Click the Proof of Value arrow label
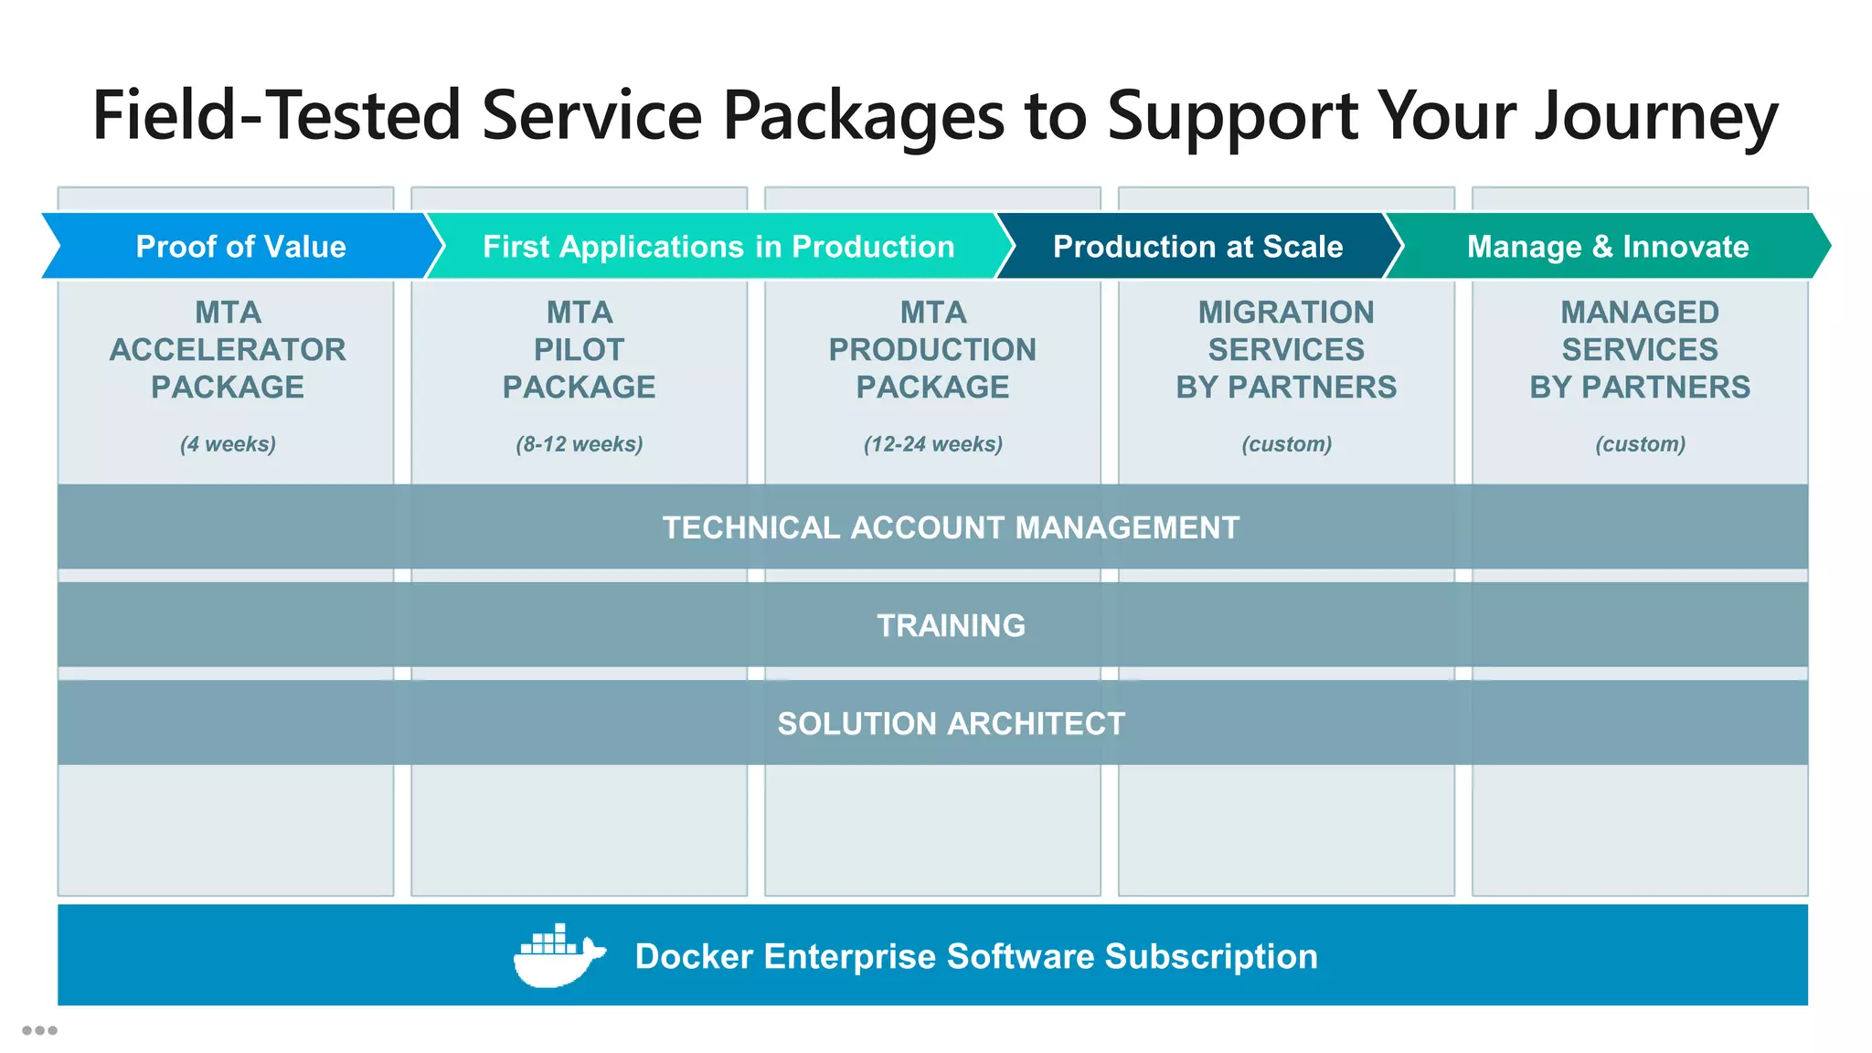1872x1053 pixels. (240, 247)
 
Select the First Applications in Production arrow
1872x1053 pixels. (718, 247)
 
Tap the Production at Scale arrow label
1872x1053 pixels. (1197, 247)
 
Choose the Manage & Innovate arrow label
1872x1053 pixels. (1607, 247)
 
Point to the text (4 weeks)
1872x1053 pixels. (228, 444)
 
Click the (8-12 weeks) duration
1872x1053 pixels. (579, 444)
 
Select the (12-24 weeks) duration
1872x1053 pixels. (932, 444)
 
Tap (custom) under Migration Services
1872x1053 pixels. (1286, 444)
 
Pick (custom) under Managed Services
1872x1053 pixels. (1640, 444)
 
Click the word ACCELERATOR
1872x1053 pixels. (228, 350)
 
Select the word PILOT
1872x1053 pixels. (579, 350)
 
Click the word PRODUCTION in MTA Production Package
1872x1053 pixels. (932, 350)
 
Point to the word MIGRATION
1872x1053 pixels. (1286, 313)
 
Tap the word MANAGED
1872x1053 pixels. (1640, 313)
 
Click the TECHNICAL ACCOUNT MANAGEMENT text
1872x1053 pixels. (951, 527)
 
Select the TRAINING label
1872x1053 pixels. (951, 625)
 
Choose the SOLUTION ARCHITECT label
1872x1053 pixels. (951, 723)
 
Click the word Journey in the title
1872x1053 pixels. (1655, 117)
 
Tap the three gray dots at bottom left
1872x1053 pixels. (39, 1030)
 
